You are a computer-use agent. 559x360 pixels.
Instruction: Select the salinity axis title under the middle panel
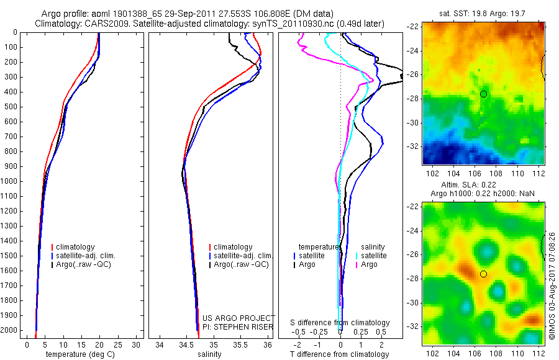coord(209,354)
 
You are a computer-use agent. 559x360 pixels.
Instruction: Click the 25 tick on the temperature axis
coord(118,344)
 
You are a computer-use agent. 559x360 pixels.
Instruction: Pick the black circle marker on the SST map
coord(483,94)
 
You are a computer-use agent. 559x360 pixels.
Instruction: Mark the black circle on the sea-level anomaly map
coord(483,274)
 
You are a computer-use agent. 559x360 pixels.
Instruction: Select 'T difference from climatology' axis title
coord(340,354)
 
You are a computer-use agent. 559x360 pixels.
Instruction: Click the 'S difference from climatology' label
coord(340,323)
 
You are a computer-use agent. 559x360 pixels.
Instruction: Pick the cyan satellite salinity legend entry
coord(371,256)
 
